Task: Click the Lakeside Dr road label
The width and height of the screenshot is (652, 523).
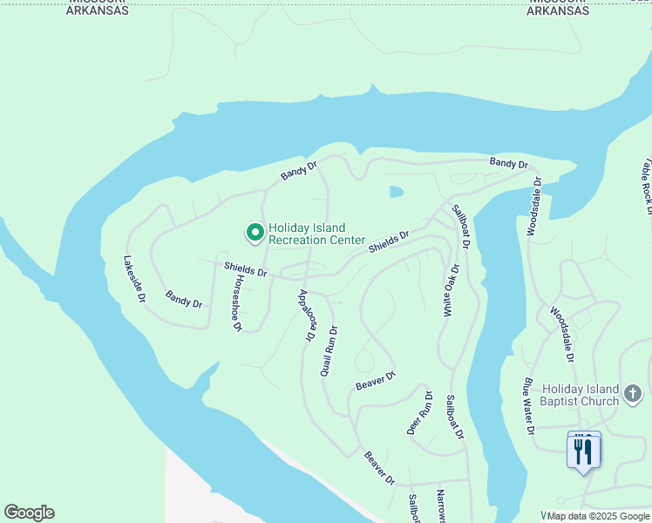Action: [x=134, y=279]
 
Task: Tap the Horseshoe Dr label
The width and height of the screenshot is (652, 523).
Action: [x=236, y=303]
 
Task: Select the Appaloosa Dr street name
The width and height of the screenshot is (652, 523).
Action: [x=306, y=315]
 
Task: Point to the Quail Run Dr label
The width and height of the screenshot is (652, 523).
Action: [x=329, y=351]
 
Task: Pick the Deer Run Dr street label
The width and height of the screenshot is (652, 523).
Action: [x=419, y=412]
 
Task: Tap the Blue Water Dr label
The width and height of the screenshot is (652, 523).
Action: [x=527, y=405]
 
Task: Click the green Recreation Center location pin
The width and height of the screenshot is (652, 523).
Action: [x=255, y=233]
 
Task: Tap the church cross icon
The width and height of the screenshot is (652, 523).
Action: [x=633, y=395]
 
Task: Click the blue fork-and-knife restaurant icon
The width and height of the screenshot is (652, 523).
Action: [x=583, y=451]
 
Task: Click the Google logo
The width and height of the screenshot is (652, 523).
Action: [x=29, y=513]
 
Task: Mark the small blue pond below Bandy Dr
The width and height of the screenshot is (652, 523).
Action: [x=397, y=192]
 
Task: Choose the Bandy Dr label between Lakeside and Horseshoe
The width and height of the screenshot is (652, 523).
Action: [x=184, y=299]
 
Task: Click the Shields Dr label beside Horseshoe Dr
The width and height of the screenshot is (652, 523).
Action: [x=245, y=270]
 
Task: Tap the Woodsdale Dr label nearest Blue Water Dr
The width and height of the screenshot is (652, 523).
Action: [x=562, y=334]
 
